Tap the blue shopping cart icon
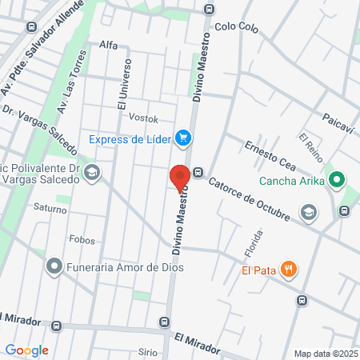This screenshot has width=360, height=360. [184, 138]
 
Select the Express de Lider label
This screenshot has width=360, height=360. [130, 138]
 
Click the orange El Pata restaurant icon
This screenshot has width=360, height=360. [290, 270]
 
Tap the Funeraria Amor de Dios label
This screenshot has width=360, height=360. [125, 266]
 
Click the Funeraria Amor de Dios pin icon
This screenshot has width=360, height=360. [54, 266]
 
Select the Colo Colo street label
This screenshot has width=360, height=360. [238, 26]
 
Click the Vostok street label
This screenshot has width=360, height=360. [143, 118]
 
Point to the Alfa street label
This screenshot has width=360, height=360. [109, 46]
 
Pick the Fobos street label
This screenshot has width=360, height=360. [82, 240]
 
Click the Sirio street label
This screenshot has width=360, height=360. [147, 351]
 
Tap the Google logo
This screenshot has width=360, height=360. [26, 350]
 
